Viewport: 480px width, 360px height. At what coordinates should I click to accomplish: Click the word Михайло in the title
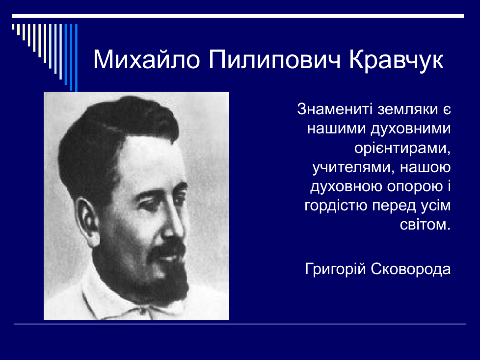(147, 59)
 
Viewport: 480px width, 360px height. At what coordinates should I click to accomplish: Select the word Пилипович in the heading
(274, 60)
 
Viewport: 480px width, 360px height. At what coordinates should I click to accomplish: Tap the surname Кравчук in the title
(396, 60)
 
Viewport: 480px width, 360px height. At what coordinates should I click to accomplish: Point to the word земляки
(407, 109)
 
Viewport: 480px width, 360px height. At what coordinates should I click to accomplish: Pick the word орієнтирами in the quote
(402, 148)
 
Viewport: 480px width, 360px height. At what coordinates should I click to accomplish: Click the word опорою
(415, 187)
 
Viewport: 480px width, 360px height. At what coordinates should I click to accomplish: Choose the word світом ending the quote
(425, 225)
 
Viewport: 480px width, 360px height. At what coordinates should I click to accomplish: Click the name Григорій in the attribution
(336, 269)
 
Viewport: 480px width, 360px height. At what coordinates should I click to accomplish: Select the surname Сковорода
(411, 269)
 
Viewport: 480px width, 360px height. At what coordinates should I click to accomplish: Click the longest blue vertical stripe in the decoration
(76, 57)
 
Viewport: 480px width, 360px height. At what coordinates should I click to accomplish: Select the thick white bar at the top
(238, 16)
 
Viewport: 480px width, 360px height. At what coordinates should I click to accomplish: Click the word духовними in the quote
(410, 129)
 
